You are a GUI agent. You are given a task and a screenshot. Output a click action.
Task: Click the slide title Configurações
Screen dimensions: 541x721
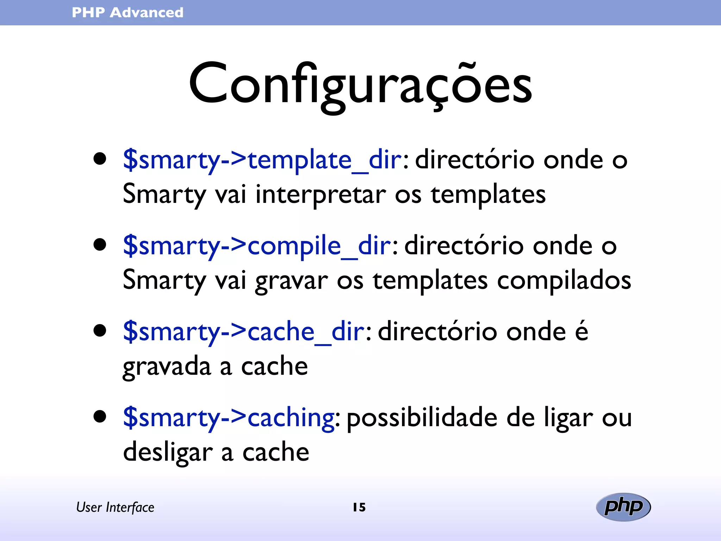[360, 85]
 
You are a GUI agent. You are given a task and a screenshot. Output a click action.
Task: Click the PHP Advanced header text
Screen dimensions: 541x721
[127, 13]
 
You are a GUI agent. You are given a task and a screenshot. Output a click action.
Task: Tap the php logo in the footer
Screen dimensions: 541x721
[623, 507]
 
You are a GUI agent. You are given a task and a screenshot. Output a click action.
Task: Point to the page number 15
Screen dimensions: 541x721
[359, 507]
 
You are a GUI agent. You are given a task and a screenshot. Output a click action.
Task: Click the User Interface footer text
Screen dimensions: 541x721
[115, 507]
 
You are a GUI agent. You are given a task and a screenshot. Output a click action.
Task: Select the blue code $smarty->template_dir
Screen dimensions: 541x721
[262, 160]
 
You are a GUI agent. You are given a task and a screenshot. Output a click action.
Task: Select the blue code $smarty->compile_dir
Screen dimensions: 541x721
[257, 246]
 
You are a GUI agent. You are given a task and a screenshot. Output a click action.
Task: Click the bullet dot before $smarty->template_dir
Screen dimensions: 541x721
[100, 159]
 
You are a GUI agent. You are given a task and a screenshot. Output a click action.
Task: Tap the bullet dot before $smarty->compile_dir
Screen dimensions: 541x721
[100, 244]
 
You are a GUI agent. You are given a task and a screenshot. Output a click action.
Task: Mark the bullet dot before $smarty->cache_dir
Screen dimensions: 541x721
[100, 330]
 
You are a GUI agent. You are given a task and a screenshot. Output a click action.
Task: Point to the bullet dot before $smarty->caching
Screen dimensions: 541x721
[100, 416]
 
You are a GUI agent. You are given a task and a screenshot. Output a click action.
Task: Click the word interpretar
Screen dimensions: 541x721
[320, 195]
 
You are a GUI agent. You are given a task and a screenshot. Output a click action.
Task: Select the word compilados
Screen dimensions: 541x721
[564, 281]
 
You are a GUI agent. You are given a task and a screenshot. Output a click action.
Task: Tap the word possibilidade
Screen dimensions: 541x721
[422, 418]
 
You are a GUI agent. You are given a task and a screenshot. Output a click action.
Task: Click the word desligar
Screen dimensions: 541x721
[168, 452]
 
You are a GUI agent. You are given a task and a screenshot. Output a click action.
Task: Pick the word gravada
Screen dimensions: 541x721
[167, 367]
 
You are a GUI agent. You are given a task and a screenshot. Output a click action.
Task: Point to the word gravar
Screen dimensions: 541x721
[291, 281]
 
